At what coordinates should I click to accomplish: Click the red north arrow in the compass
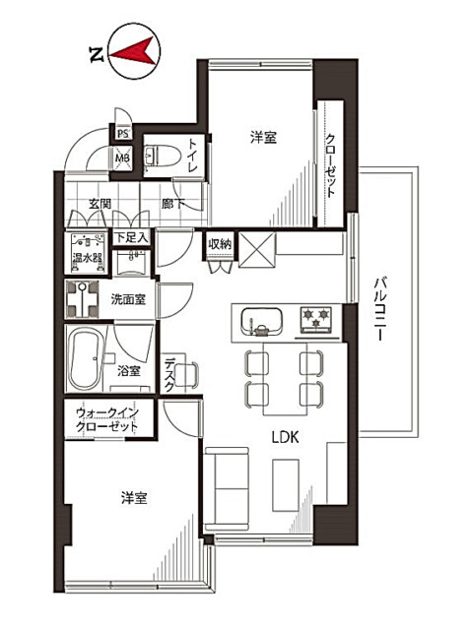pyautogui.click(x=135, y=52)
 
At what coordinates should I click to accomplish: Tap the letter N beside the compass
pyautogui.click(x=97, y=55)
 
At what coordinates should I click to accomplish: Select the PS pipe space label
pyautogui.click(x=123, y=134)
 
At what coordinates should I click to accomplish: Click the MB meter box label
pyautogui.click(x=123, y=157)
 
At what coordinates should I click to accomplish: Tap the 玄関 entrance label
pyautogui.click(x=101, y=204)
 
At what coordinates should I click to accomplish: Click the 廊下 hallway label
pyautogui.click(x=173, y=204)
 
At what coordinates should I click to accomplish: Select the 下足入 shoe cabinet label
pyautogui.click(x=131, y=237)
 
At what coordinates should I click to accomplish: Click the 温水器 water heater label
pyautogui.click(x=88, y=258)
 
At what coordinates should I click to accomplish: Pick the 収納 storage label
pyautogui.click(x=220, y=243)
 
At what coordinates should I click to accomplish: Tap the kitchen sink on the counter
pyautogui.click(x=261, y=322)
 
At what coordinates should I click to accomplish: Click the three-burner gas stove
pyautogui.click(x=317, y=320)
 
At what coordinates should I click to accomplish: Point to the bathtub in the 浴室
pyautogui.click(x=85, y=358)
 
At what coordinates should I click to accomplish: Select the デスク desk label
pyautogui.click(x=169, y=374)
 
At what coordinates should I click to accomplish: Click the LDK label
pyautogui.click(x=285, y=437)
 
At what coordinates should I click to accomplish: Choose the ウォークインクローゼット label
pyautogui.click(x=107, y=419)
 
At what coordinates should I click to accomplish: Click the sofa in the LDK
pyautogui.click(x=227, y=490)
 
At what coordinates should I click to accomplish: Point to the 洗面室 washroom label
pyautogui.click(x=128, y=299)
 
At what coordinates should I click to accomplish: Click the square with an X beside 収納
pyautogui.click(x=257, y=249)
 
